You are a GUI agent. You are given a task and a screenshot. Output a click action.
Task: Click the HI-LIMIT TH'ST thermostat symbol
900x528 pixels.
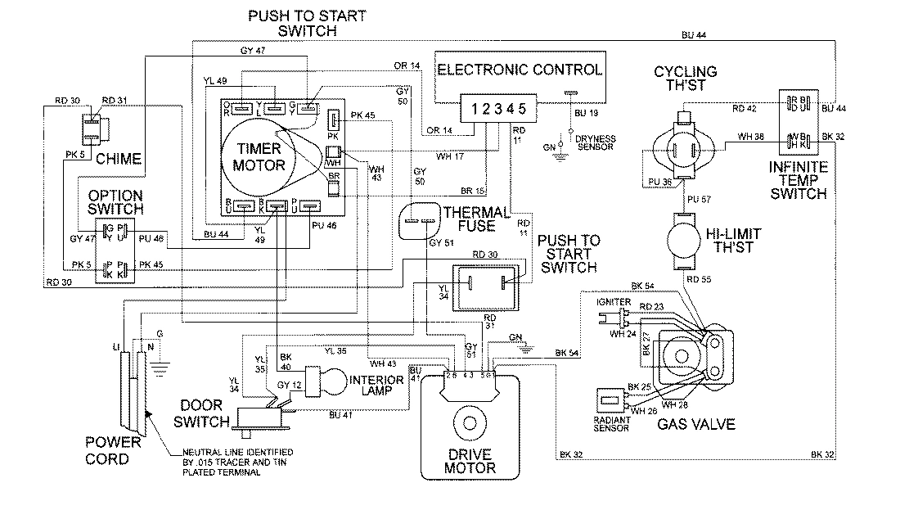tap(683, 241)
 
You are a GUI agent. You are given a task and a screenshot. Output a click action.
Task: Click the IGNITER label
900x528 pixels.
tap(614, 301)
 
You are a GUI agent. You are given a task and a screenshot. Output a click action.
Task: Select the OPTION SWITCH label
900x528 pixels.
tap(115, 203)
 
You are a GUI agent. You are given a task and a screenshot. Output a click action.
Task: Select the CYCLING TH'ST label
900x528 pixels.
tap(686, 79)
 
